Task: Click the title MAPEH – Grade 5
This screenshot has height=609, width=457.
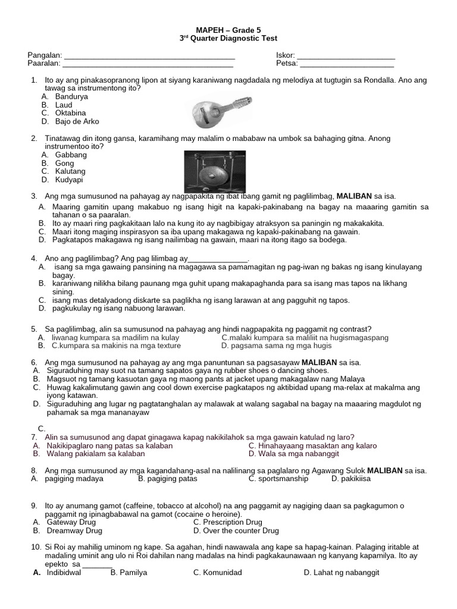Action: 228,29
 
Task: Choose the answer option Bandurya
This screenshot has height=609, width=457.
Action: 71,96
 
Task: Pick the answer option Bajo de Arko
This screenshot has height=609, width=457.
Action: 77,121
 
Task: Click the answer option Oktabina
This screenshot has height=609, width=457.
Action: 70,112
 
